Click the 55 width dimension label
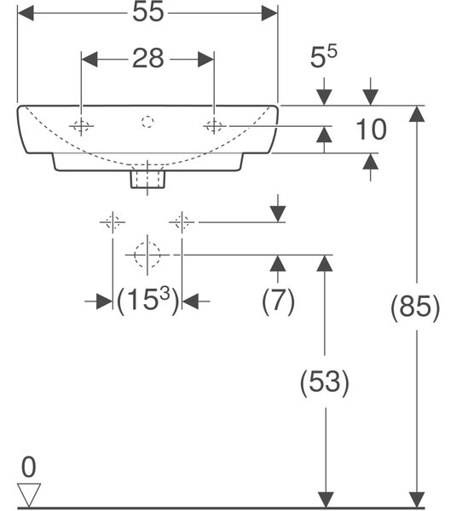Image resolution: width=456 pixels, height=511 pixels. click(x=147, y=12)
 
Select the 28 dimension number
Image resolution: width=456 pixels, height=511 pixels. click(x=147, y=59)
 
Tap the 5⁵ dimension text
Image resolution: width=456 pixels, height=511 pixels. click(x=324, y=57)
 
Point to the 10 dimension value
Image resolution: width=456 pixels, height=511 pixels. click(x=372, y=129)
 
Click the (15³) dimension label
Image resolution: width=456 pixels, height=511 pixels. click(x=147, y=301)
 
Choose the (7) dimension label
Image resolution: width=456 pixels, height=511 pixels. click(x=278, y=301)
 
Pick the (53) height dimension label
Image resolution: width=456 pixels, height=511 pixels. click(x=324, y=382)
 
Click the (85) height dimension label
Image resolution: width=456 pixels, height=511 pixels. click(x=415, y=307)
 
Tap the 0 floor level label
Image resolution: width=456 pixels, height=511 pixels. click(x=29, y=467)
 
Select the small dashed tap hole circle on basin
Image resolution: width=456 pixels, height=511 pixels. click(x=147, y=122)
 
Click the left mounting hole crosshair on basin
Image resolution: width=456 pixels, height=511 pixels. click(x=81, y=126)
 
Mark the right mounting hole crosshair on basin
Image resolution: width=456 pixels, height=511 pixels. click(x=214, y=126)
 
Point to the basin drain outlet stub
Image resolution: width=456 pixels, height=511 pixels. click(x=147, y=179)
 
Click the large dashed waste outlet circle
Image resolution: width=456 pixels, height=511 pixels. click(x=147, y=255)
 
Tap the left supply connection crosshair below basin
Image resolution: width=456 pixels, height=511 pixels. click(x=113, y=222)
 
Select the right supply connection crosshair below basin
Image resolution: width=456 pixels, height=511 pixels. click(x=182, y=222)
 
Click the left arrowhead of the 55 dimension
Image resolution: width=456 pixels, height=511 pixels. click(x=26, y=13)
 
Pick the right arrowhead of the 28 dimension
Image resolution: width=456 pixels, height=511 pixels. click(x=205, y=60)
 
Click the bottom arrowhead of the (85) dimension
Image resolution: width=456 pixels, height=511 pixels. click(x=417, y=500)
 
